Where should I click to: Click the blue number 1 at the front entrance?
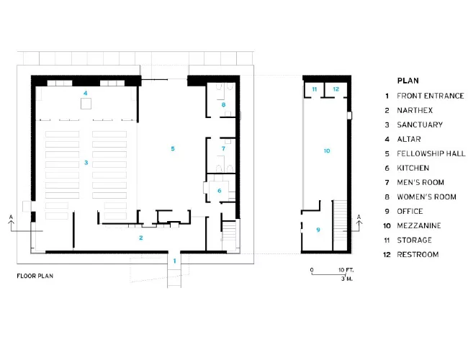(x=175, y=261)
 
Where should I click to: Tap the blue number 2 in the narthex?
(x=141, y=238)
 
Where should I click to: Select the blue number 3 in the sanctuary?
(x=86, y=163)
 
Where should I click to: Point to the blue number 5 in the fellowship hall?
(x=173, y=148)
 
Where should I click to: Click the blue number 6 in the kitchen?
(x=220, y=191)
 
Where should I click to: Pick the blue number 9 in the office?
(x=318, y=230)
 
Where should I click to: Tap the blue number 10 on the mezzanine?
(x=327, y=150)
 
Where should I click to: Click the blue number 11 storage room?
(x=315, y=89)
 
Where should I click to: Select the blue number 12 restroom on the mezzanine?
(x=336, y=89)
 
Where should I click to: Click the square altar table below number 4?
(x=86, y=104)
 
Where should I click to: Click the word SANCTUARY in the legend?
(x=420, y=125)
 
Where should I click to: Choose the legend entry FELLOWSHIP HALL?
(x=431, y=153)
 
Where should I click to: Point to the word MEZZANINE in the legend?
(x=419, y=225)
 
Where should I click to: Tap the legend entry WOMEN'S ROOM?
(x=426, y=197)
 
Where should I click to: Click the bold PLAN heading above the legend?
(x=408, y=81)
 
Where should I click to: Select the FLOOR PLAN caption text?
(x=35, y=276)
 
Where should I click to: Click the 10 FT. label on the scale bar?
(x=346, y=270)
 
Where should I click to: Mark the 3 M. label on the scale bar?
(x=347, y=279)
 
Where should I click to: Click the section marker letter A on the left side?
(x=11, y=217)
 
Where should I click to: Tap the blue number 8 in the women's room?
(x=223, y=104)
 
